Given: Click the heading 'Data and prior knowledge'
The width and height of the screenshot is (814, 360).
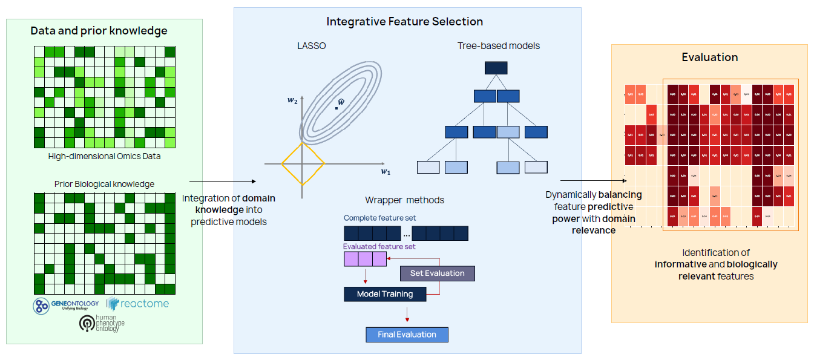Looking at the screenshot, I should point(99,30).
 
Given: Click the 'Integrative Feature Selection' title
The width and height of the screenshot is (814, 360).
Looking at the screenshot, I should point(404,22).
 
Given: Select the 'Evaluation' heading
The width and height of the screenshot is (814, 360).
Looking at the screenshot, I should point(709,57).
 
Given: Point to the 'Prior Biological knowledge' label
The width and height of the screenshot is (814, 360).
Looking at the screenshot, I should point(104,184).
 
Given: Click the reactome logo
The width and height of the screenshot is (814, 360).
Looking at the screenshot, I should point(137,304).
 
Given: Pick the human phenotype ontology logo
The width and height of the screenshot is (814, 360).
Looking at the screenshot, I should point(102,323).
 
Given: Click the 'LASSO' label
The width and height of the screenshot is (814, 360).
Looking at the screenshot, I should point(312,46).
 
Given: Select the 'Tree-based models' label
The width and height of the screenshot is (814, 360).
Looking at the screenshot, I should point(499,46).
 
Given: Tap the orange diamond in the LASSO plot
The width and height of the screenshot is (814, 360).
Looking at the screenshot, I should point(303,163).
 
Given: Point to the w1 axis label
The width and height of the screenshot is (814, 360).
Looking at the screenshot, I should point(385,172).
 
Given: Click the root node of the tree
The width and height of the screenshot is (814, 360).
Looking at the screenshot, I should point(496,68).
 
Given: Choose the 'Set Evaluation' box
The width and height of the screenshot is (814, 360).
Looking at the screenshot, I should point(437,273).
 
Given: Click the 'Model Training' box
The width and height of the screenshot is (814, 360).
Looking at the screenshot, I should point(385,294).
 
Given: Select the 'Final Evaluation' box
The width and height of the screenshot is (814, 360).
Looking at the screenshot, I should point(407,335).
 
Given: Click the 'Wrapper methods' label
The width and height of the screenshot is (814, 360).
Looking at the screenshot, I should point(404,200).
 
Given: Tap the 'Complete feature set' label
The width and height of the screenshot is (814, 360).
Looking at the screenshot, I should point(379,218).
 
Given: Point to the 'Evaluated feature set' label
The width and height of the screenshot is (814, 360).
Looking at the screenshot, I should point(379,246).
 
